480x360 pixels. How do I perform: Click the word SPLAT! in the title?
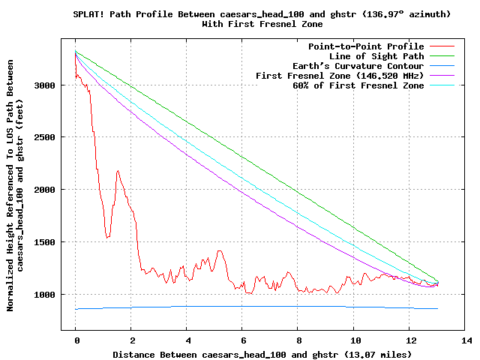90,14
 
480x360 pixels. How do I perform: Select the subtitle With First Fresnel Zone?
262,24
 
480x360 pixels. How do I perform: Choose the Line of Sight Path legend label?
376,56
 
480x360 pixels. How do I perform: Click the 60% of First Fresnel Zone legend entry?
358,85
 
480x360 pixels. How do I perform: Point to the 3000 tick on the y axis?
46,85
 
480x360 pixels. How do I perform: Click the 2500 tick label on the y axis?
46,138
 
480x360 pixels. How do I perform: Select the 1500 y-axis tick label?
46,242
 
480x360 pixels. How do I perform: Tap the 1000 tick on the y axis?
46,295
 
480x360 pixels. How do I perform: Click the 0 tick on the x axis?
76,340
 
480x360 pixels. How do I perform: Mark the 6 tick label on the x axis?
242,340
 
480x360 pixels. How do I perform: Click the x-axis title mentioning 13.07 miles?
262,353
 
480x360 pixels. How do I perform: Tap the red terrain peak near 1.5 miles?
118,171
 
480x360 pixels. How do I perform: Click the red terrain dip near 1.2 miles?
108,237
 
